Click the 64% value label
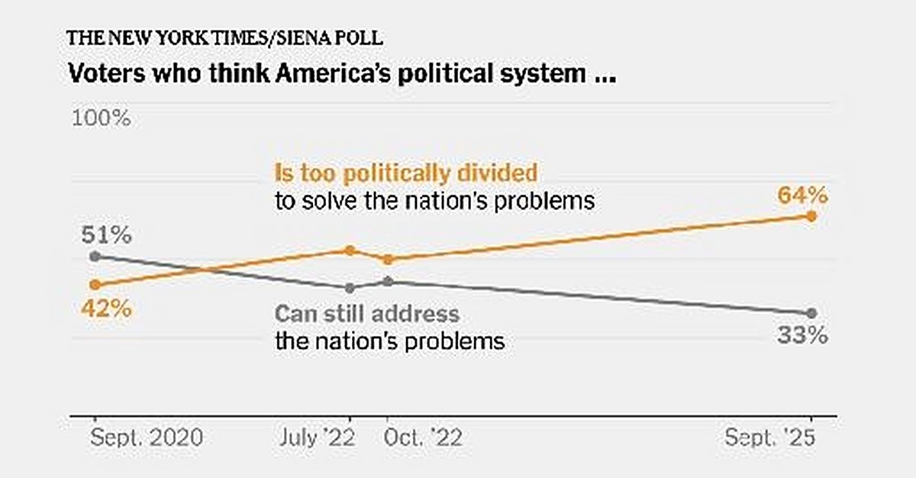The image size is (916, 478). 802,195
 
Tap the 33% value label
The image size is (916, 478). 802,336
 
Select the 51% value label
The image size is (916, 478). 108,234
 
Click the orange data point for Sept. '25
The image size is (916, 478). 811,216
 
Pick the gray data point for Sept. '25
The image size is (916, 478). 811,313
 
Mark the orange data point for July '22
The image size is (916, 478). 350,250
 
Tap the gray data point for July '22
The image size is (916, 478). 350,288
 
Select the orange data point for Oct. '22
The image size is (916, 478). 388,260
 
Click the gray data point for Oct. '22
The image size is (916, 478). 388,282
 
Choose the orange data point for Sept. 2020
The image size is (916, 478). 95,285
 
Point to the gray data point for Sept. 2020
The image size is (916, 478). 95,256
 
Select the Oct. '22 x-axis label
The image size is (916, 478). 423,439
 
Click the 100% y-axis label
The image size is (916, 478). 102,118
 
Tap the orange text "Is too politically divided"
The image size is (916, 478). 405,173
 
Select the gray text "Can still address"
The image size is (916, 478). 367,314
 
